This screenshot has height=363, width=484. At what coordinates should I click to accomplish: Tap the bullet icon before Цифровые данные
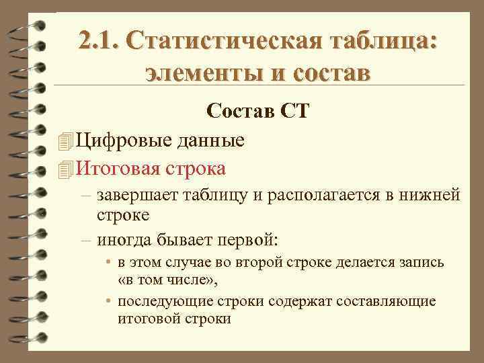(65, 140)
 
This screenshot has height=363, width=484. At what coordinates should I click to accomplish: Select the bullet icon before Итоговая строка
(65, 167)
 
